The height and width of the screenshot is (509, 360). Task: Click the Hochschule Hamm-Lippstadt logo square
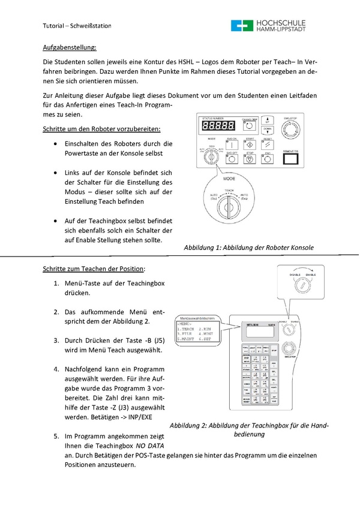pos(241,25)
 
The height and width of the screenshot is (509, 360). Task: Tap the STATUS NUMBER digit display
pos(218,126)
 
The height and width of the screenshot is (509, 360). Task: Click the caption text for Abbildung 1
pos(248,247)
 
